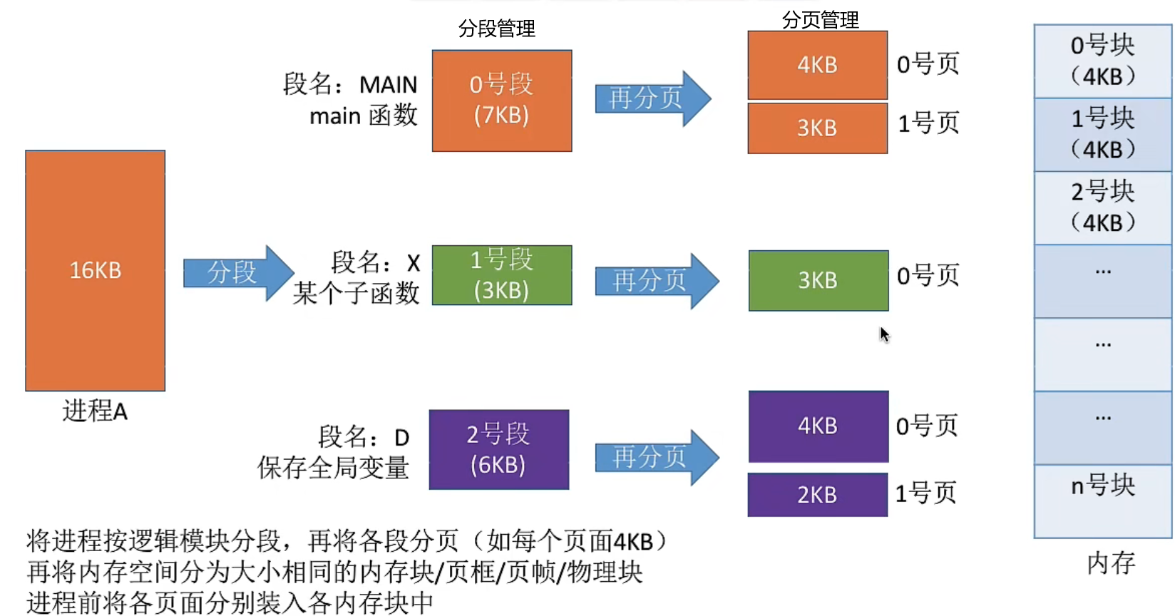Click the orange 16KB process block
(95, 270)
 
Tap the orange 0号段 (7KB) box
(501, 101)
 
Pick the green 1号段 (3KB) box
(501, 275)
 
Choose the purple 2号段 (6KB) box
(498, 449)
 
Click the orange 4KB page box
(817, 65)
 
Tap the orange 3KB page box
(817, 128)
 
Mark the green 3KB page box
(818, 280)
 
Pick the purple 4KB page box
(818, 426)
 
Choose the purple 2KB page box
(817, 495)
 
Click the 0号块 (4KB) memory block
(1102, 61)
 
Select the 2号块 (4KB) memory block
(1102, 207)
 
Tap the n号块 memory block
(1102, 500)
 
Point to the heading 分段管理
(496, 29)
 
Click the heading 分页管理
(820, 20)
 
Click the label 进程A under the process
(95, 411)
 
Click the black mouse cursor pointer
(884, 334)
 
